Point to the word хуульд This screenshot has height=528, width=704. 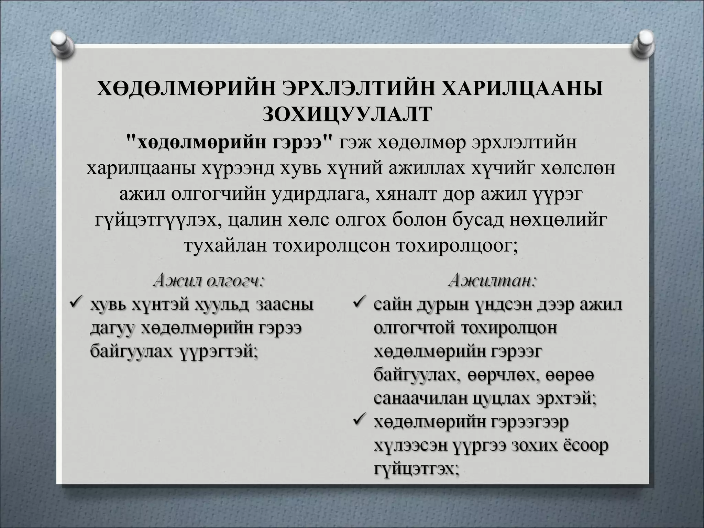point(220,305)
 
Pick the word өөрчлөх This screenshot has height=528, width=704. point(499,375)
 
